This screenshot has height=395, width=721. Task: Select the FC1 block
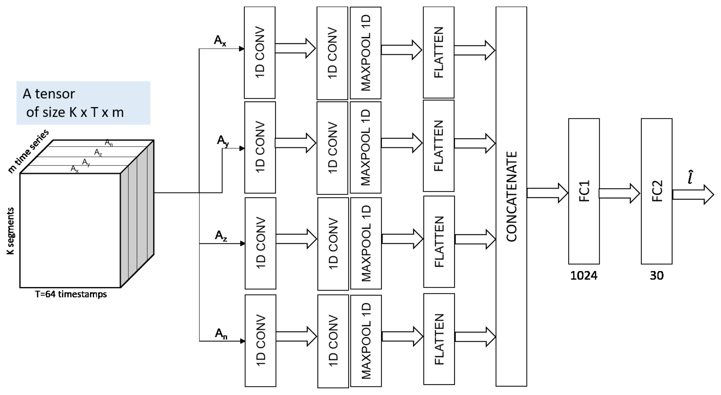584,191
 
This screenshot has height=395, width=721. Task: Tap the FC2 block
657,191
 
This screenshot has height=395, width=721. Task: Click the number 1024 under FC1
584,276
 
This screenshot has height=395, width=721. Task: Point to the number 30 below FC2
657,276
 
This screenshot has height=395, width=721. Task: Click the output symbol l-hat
690,177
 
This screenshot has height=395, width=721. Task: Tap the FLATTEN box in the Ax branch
439,52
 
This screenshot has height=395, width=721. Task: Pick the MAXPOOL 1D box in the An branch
366,341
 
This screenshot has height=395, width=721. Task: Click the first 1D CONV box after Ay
260,147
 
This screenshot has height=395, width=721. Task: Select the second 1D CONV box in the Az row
333,244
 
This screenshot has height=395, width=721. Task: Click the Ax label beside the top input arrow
220,41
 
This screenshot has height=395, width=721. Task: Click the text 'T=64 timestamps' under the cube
71,294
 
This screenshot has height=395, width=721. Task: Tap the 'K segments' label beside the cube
10,231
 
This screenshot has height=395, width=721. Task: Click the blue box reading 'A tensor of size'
83,103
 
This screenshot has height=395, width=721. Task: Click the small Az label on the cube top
98,152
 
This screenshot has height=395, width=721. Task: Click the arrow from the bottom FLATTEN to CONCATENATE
475,337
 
